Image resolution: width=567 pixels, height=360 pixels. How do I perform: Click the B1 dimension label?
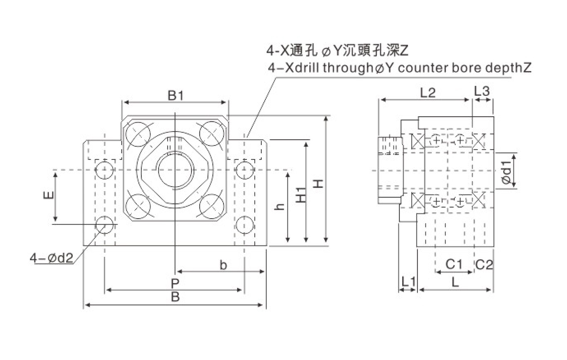[175, 96]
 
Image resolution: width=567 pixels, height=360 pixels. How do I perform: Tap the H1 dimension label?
[302, 195]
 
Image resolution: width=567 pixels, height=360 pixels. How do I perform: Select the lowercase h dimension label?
[281, 207]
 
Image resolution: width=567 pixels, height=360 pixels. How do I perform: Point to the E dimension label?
[48, 196]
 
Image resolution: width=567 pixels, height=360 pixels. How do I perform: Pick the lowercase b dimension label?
[223, 265]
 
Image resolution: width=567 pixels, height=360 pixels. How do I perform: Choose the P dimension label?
[175, 283]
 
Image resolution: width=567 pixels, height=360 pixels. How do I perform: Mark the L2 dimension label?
[427, 92]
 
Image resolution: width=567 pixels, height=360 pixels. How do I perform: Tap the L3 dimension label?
[482, 91]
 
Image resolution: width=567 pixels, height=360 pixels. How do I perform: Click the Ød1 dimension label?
[506, 169]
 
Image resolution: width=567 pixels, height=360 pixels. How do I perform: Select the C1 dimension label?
[454, 264]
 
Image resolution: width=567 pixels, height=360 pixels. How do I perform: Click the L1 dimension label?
[408, 282]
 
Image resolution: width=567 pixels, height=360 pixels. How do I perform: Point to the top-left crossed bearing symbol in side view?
[417, 141]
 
